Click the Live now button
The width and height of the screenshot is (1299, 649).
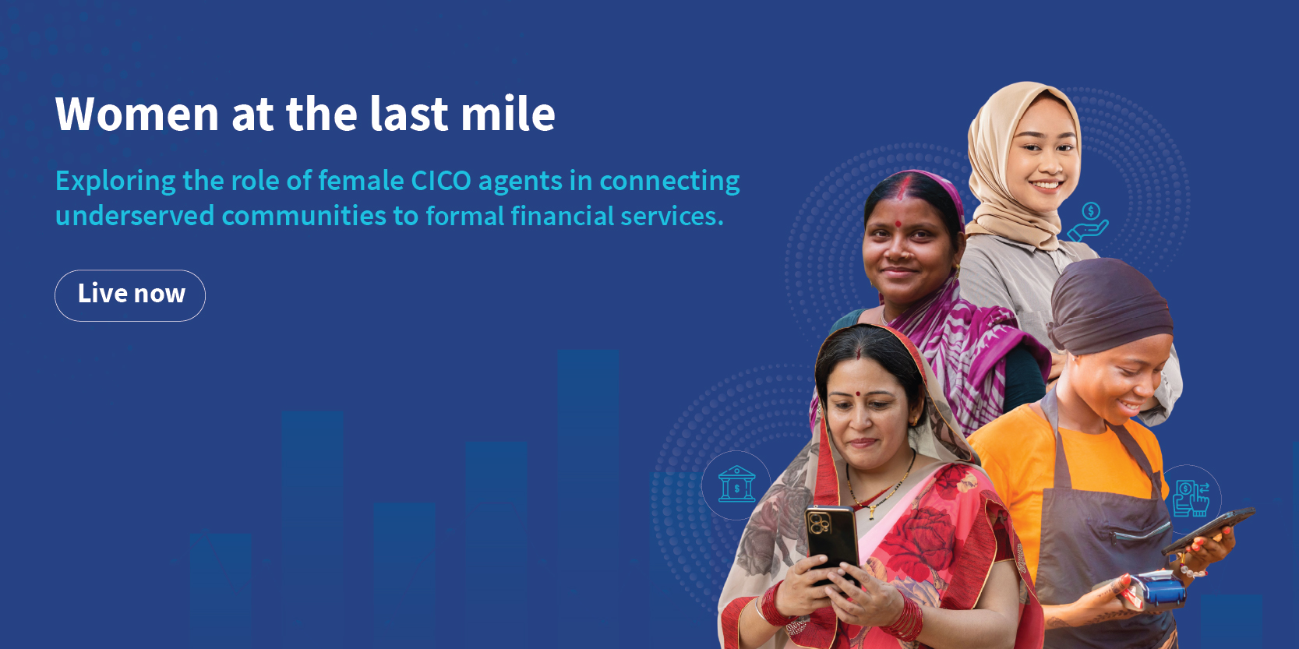[130, 295]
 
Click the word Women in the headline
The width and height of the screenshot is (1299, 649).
[137, 115]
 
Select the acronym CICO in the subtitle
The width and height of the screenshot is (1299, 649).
[440, 181]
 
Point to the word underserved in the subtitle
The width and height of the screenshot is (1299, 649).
[134, 216]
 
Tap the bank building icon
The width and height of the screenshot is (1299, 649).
[736, 485]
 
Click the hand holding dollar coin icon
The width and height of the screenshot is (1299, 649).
[1089, 220]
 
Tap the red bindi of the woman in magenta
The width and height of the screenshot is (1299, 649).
[898, 224]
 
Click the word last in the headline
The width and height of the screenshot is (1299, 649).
[408, 115]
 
